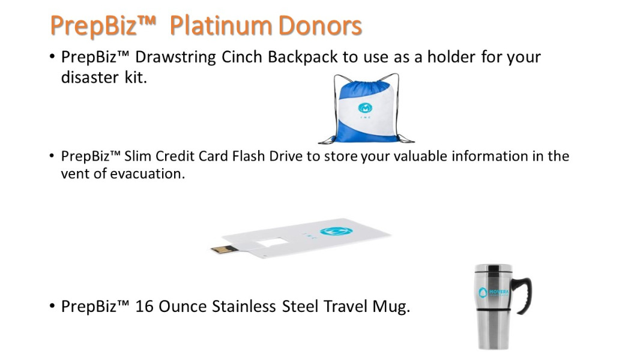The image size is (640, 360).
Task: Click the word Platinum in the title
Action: [220, 26]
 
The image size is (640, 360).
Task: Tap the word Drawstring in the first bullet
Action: [175, 58]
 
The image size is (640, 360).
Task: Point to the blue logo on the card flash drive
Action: [336, 232]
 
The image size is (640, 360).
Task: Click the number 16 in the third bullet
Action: [144, 307]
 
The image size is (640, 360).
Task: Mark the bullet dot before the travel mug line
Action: [52, 306]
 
